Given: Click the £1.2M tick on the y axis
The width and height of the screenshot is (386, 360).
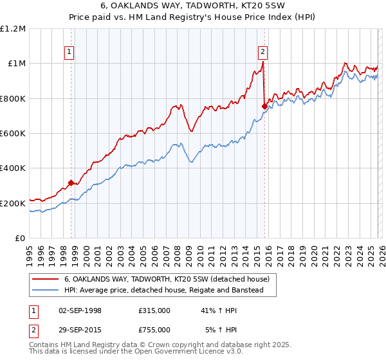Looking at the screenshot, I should pyautogui.click(x=13, y=29).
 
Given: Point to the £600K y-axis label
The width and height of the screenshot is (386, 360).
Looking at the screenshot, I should pyautogui.click(x=13, y=134).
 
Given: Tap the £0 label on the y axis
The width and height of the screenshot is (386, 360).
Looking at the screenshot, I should pyautogui.click(x=21, y=239).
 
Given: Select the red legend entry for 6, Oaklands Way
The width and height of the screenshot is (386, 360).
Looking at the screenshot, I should pyautogui.click(x=170, y=279).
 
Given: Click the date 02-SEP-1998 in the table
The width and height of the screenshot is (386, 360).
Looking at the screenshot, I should pyautogui.click(x=80, y=310).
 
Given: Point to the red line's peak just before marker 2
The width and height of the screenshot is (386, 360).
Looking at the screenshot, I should pyautogui.click(x=264, y=63).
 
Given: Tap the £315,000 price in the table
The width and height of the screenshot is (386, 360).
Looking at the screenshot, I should pyautogui.click(x=154, y=310).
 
